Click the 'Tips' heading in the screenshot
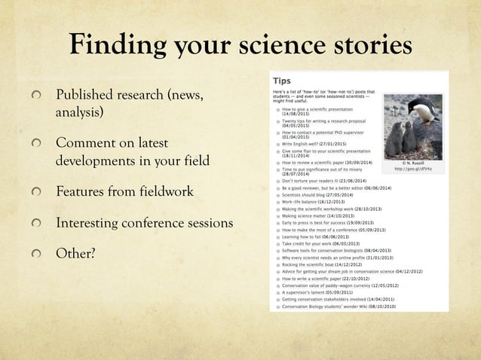tap(283, 79)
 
